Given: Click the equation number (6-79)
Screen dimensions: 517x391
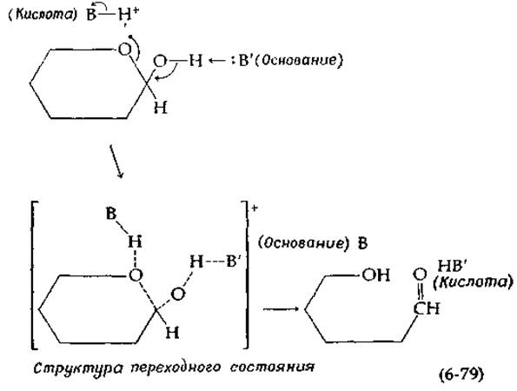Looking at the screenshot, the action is coord(461,374).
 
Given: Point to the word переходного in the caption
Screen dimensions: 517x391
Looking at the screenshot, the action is coord(175,368).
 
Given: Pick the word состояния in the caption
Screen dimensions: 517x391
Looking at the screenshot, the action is coord(272,367).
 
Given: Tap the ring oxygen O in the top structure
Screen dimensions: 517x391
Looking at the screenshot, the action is coord(124,50).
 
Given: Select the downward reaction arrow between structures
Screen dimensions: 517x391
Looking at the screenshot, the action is coord(116,162).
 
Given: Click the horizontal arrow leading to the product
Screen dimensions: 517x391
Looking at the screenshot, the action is coord(281,309).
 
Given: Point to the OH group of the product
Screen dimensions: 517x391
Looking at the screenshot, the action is coord(376,275).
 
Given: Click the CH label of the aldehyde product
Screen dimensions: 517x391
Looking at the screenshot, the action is coord(427,308).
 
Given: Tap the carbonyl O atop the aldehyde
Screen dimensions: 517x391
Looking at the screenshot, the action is coord(420,275).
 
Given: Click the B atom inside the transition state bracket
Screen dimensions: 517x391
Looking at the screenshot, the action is coord(111,214).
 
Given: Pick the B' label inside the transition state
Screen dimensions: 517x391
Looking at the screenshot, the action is coord(234,262).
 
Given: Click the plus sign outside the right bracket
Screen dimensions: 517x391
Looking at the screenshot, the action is coord(255,209).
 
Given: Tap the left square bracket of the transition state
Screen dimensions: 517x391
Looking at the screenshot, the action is coord(34,275).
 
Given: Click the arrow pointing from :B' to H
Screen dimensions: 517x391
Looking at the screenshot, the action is coord(217,61).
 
